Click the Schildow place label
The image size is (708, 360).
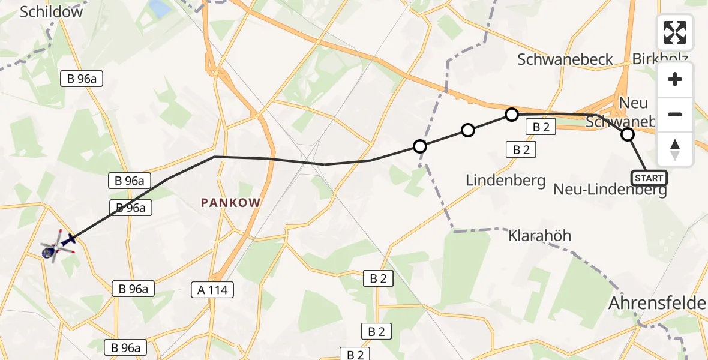pos(52,12)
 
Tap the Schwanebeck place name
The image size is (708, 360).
pos(565,59)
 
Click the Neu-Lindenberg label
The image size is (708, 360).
pos(610,191)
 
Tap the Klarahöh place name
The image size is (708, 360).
pos(539,235)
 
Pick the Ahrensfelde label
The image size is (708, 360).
pos(657,303)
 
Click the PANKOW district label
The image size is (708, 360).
pos(231,203)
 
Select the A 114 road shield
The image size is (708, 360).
pos(212,290)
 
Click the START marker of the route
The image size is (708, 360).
pos(649,178)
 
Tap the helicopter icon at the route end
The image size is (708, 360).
pos(58,247)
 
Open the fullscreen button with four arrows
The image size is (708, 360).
pos(675,32)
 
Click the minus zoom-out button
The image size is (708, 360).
pos(675,114)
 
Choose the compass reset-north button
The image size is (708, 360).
pos(675,149)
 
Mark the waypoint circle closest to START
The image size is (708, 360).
pos(628,134)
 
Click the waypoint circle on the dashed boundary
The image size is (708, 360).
pos(420,146)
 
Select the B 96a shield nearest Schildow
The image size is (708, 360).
pos(82,79)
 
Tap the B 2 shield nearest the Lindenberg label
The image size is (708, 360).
pos(521,150)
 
